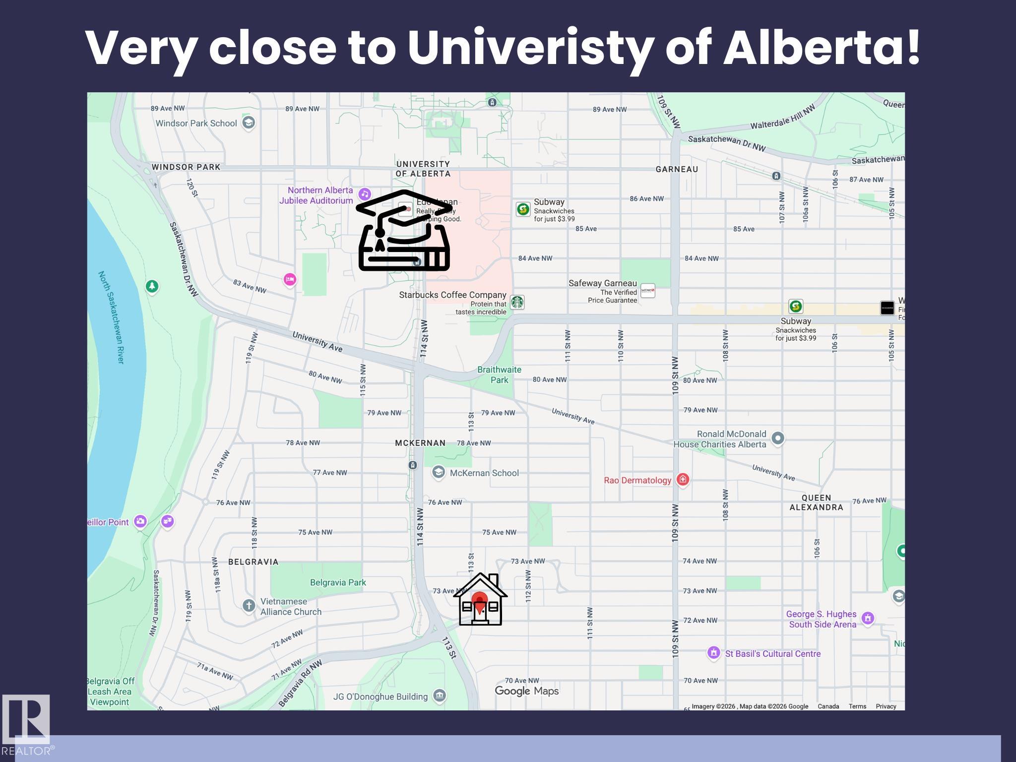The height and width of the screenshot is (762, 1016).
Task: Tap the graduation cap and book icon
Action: pyautogui.click(x=404, y=231)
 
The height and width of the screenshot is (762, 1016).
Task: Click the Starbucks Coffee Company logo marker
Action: pyautogui.click(x=517, y=302)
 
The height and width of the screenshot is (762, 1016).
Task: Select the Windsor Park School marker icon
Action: pyautogui.click(x=249, y=123)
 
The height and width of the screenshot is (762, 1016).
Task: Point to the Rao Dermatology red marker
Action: pyautogui.click(x=683, y=480)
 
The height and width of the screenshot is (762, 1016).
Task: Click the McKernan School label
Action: pyautogui.click(x=484, y=473)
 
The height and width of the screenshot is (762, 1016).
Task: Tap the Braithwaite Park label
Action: pyautogui.click(x=499, y=375)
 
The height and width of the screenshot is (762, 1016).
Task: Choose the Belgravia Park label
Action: pyautogui.click(x=338, y=582)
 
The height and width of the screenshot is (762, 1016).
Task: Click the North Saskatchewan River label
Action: pyautogui.click(x=111, y=317)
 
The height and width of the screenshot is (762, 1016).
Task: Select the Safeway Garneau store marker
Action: pyautogui.click(x=647, y=291)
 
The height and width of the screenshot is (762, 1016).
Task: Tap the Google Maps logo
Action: pyautogui.click(x=526, y=691)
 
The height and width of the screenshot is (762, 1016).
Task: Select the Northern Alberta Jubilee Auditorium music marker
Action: pyautogui.click(x=365, y=194)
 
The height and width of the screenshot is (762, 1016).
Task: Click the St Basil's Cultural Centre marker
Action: pyautogui.click(x=713, y=653)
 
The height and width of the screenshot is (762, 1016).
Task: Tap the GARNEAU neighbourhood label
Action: pyautogui.click(x=677, y=169)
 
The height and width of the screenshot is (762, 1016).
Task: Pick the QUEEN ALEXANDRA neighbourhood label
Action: pyautogui.click(x=816, y=503)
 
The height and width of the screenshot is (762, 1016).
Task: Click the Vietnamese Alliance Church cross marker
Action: pyautogui.click(x=249, y=605)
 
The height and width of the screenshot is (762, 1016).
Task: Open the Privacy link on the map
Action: pyautogui.click(x=886, y=706)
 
